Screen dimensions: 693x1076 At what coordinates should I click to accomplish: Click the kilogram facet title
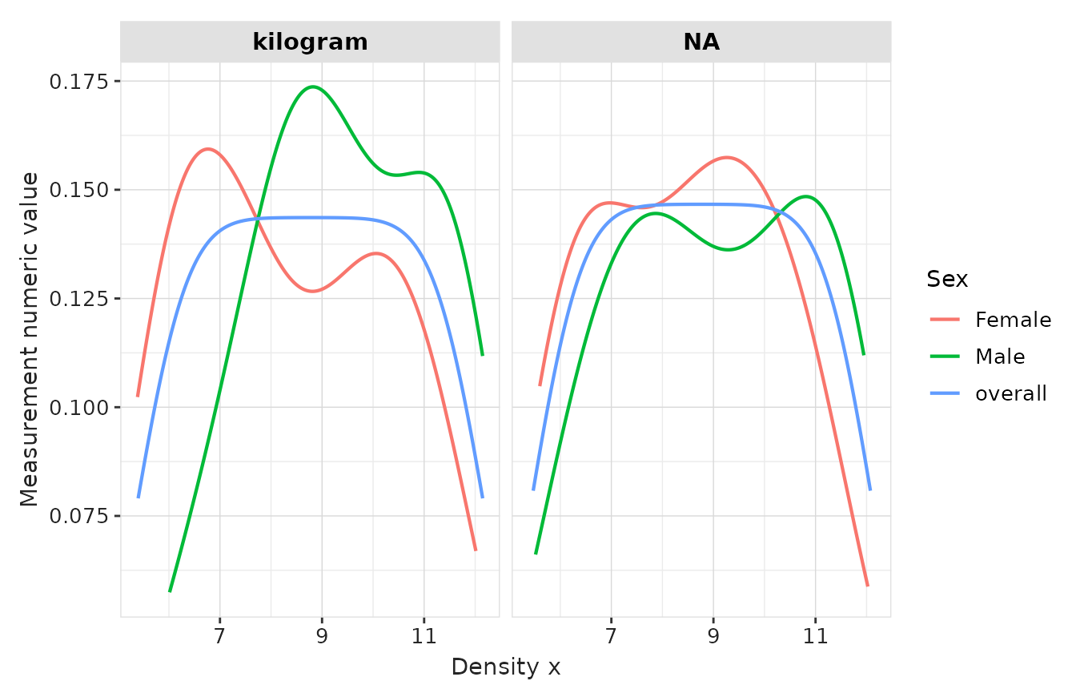310,42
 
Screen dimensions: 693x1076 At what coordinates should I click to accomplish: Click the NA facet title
701,42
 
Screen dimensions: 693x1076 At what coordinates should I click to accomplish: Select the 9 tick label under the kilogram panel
322,638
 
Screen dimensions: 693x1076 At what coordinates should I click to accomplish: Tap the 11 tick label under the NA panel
815,638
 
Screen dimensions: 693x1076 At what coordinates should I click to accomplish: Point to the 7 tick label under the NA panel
611,638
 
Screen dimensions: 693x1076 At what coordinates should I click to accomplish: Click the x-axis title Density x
505,667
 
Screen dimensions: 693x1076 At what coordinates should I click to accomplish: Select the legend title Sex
947,279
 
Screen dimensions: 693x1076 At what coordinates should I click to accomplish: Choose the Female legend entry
1012,320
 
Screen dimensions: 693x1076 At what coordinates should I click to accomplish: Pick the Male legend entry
999,357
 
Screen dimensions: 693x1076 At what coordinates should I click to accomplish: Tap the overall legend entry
1010,393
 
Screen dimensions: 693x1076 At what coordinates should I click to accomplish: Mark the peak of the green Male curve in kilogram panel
311,87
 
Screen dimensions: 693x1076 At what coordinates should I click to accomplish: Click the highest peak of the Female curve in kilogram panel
208,149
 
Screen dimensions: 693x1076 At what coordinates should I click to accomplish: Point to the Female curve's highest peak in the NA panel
726,157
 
